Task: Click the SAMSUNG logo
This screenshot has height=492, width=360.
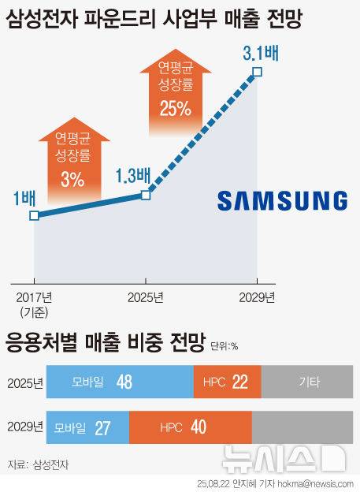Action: click(282, 200)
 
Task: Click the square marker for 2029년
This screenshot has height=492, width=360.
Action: click(257, 73)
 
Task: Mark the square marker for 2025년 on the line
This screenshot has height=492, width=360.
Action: click(146, 194)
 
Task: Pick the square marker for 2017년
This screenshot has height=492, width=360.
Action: click(33, 215)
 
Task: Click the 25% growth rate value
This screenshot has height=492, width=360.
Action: click(175, 110)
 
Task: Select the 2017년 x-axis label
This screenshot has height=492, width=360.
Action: click(34, 297)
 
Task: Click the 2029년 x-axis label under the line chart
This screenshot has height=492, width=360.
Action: click(257, 297)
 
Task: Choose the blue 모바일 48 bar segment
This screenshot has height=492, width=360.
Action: click(120, 382)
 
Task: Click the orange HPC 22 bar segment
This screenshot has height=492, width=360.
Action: click(227, 382)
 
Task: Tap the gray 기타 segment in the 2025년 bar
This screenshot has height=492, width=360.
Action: click(308, 382)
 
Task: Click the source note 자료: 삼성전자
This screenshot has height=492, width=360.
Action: click(37, 464)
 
